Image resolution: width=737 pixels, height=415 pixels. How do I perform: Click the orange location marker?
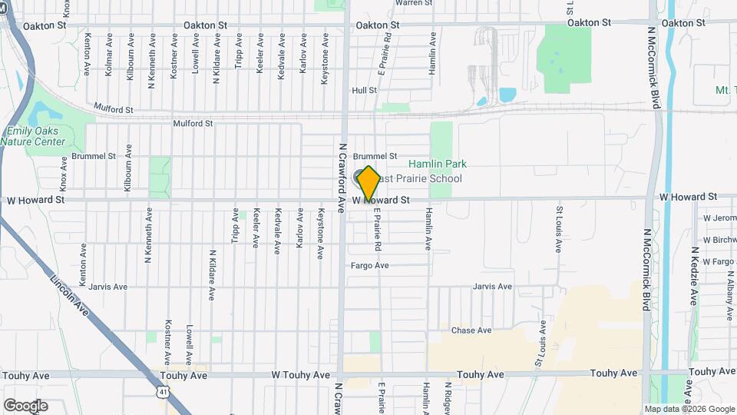click(x=368, y=183)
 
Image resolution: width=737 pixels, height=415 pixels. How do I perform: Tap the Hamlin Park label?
click(x=437, y=164)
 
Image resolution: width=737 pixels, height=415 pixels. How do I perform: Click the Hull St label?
click(x=364, y=91)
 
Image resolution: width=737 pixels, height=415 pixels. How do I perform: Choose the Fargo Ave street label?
click(x=370, y=266)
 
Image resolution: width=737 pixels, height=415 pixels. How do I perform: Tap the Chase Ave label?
click(x=471, y=330)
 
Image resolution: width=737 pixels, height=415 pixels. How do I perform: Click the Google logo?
click(x=25, y=405)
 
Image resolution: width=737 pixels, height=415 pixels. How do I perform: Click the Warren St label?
click(x=415, y=3)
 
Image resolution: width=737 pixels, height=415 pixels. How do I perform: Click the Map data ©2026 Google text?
click(x=689, y=409)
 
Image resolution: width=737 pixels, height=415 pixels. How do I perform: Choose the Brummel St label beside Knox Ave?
click(x=93, y=155)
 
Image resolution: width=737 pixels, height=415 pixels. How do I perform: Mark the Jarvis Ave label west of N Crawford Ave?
click(x=107, y=287)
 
